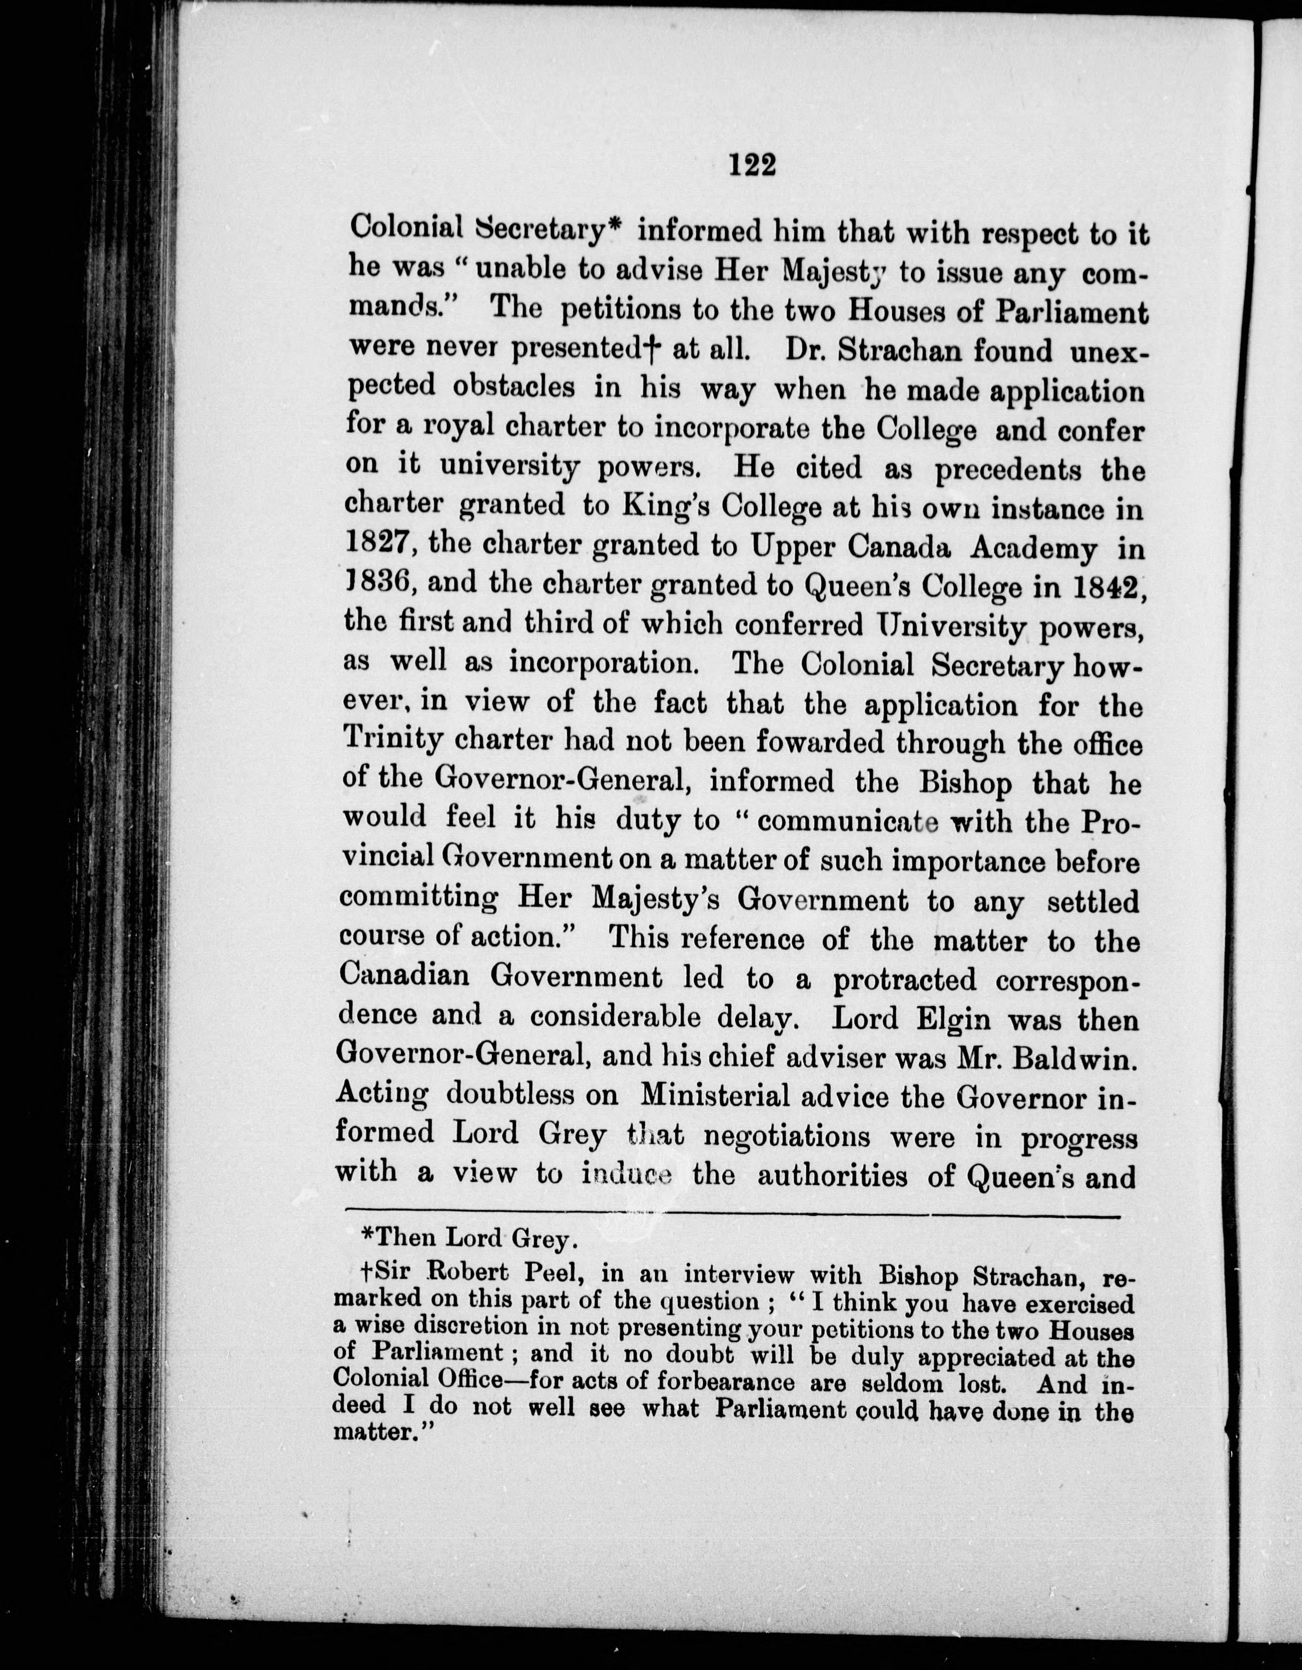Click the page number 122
[x=753, y=165]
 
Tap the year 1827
[x=380, y=544]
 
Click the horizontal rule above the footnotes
[x=732, y=1216]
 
